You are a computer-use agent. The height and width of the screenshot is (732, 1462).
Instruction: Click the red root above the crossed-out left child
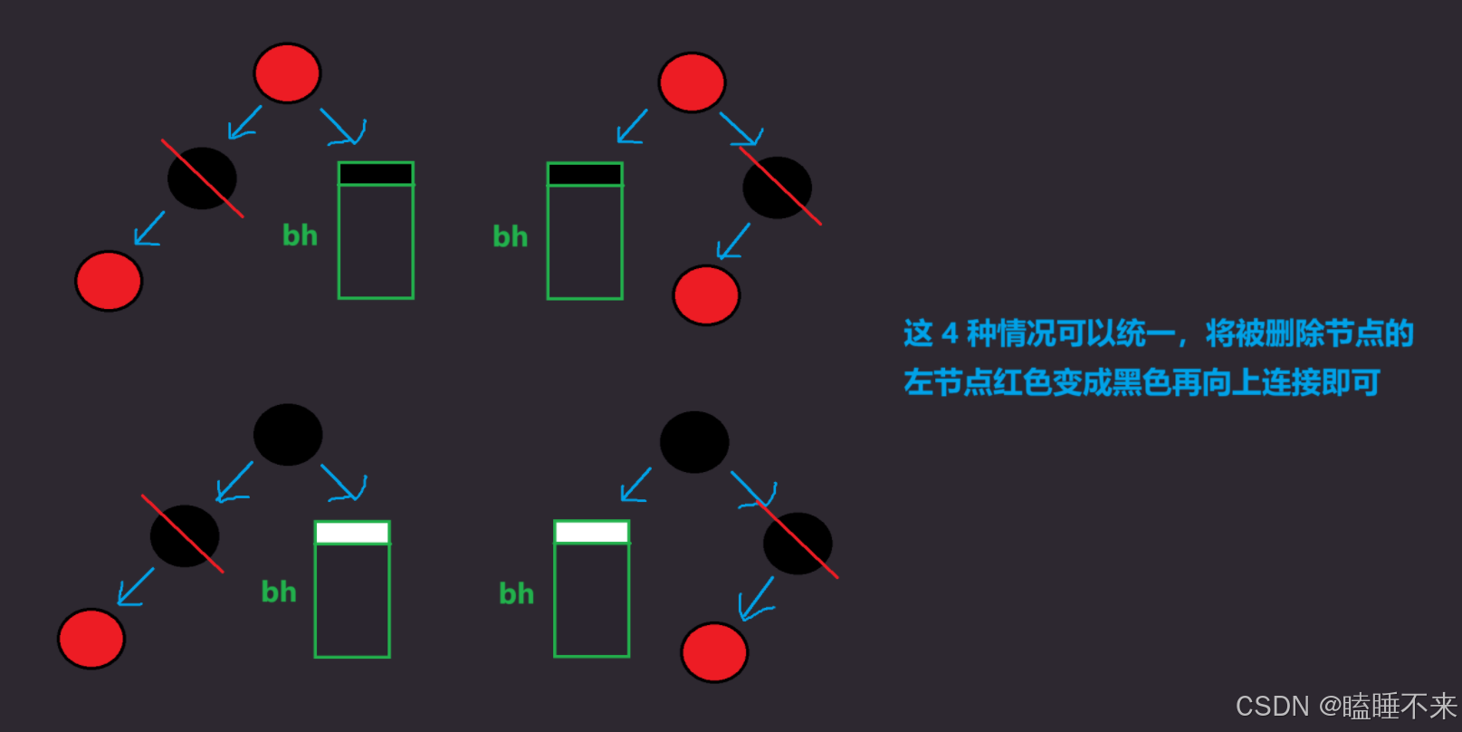coord(287,73)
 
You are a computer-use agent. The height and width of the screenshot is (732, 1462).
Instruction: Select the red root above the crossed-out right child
coord(692,82)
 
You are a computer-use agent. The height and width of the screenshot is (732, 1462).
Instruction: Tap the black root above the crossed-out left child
coord(288,435)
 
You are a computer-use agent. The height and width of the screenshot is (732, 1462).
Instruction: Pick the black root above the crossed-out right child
coord(694,442)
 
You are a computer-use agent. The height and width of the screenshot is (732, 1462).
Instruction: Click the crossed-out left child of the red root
coord(202,178)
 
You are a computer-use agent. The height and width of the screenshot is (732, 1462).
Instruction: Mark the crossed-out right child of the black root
coord(798,544)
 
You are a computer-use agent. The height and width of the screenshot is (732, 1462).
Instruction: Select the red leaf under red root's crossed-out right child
coord(706,295)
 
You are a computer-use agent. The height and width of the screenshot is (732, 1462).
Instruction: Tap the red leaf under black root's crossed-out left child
coord(91,639)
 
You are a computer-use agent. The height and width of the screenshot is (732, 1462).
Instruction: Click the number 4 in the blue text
coord(950,334)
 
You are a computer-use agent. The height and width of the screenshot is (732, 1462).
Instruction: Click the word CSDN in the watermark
coord(1272,707)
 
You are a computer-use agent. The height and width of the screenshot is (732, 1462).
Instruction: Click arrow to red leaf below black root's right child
coord(756,599)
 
